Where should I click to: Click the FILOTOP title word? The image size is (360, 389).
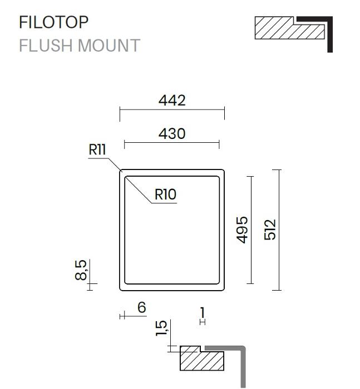pyautogui.click(x=53, y=22)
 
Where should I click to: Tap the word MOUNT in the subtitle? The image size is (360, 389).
pyautogui.click(x=109, y=46)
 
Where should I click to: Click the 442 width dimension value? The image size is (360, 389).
pyautogui.click(x=172, y=101)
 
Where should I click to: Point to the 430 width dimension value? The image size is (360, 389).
pyautogui.click(x=172, y=134)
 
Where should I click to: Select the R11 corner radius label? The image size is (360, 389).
pyautogui.click(x=97, y=149)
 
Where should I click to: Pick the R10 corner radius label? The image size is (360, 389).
pyautogui.click(x=165, y=194)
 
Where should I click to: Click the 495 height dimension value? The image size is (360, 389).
pyautogui.click(x=242, y=230)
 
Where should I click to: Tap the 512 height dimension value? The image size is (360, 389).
pyautogui.click(x=270, y=230)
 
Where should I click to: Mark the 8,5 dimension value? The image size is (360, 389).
pyautogui.click(x=81, y=270)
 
